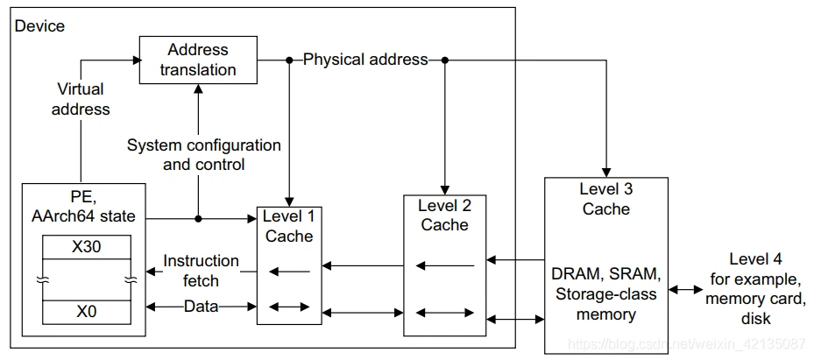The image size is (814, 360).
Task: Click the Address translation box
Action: [198, 60]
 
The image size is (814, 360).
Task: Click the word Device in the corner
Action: [39, 25]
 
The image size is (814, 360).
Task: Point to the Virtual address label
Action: [81, 99]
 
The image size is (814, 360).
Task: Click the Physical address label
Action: [365, 60]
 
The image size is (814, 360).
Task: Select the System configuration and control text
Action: [204, 154]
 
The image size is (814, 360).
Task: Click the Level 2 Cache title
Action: [444, 215]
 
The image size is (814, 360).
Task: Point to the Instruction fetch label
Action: [201, 270]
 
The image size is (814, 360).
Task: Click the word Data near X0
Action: [201, 307]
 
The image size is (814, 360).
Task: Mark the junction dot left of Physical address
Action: [289, 60]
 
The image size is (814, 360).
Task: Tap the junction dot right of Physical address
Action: [444, 60]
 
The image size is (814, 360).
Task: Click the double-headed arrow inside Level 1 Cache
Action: [289, 307]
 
